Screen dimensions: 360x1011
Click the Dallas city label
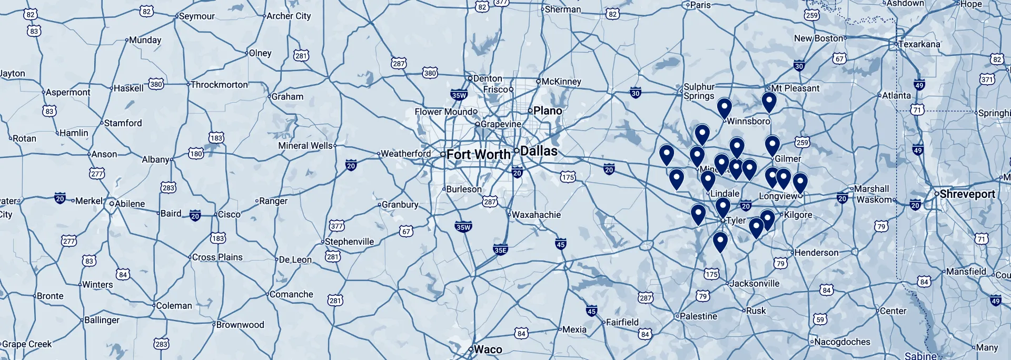pos(539,151)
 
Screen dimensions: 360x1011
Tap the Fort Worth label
pos(479,155)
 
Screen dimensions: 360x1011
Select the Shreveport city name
pos(967,194)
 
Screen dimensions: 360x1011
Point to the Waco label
pos(488,349)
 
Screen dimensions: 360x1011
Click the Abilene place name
pos(130,204)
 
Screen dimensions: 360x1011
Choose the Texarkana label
pos(919,44)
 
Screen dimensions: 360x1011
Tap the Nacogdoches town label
pos(842,342)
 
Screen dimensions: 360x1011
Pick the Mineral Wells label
pos(305,146)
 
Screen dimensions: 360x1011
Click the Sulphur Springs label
pos(699,92)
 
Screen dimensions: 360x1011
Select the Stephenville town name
pos(349,242)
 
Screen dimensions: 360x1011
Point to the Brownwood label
pos(240,325)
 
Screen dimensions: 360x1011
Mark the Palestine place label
pos(698,317)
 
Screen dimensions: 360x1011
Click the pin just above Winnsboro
pos(725,107)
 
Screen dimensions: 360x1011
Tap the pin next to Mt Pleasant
pos(769,102)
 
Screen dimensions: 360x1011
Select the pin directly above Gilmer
pos(772,145)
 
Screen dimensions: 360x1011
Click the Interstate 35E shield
pos(501,249)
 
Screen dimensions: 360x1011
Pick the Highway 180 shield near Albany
pos(196,154)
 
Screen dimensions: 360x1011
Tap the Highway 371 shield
pos(987,79)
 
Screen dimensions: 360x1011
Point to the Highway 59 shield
pos(820,319)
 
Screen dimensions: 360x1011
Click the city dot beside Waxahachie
pos(509,215)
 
